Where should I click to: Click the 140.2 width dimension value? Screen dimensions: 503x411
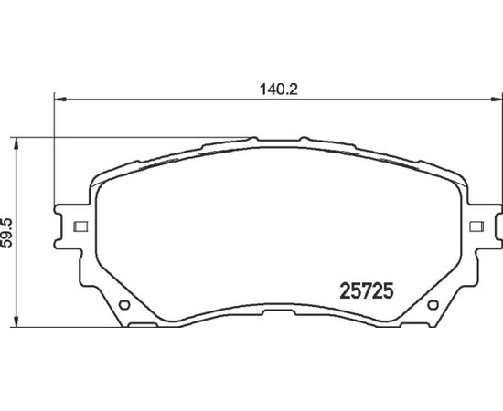[278, 90]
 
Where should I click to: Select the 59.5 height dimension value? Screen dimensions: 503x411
[6, 233]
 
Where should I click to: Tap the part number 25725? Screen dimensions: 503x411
[367, 291]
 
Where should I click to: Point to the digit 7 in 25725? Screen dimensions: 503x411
[367, 291]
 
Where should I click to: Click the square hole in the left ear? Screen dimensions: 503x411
[80, 227]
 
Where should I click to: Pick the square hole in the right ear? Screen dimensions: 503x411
[476, 227]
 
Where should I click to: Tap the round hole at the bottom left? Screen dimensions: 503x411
[124, 305]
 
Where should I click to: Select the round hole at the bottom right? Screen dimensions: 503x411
[433, 305]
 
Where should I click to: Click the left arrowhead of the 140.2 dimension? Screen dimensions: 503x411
[59, 100]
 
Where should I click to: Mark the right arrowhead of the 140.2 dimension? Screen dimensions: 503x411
[497, 100]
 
